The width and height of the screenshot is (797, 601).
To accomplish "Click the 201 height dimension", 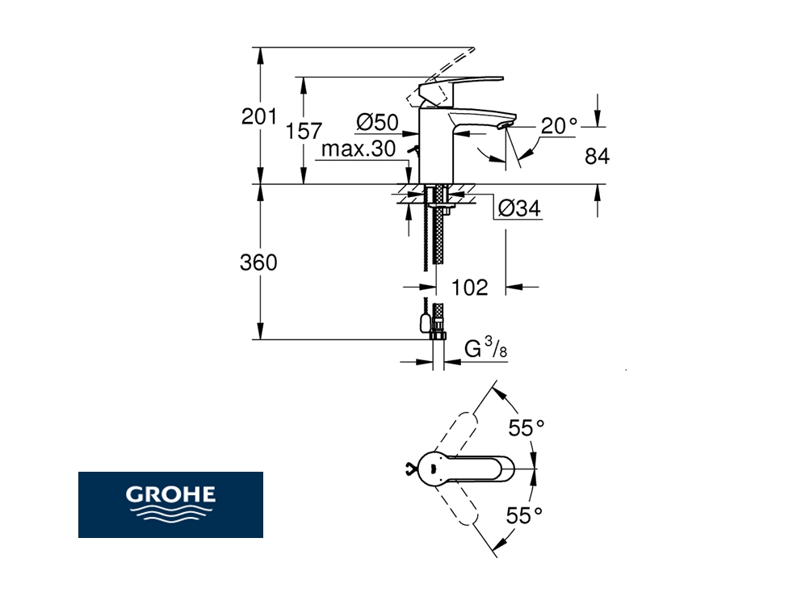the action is coord(258,116).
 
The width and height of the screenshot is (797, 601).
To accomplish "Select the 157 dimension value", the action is coord(304,131).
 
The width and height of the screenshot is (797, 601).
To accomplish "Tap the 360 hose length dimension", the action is coord(258,263).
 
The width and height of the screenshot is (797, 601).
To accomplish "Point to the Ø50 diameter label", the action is coord(377,123).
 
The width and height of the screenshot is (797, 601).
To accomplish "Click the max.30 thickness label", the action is coord(359,149).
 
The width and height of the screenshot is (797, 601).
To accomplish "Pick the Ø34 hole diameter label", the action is coord(519,208).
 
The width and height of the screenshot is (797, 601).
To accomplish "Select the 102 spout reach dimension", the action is coord(469,288).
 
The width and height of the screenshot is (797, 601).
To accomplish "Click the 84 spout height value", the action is coord(597,156).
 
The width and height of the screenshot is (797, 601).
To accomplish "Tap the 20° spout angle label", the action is coord(559,125).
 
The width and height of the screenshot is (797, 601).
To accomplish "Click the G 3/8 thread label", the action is coord(485,349).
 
